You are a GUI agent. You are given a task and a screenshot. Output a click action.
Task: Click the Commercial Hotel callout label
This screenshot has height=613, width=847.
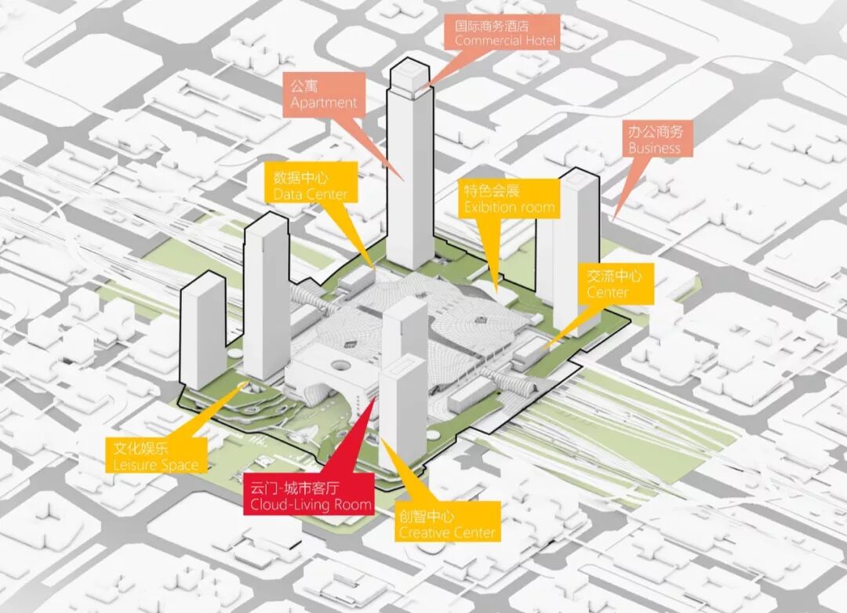pyautogui.click(x=506, y=32)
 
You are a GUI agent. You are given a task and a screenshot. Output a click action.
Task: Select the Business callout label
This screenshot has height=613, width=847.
pyautogui.click(x=654, y=140)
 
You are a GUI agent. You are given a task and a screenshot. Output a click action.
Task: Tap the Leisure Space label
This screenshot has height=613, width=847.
pyautogui.click(x=156, y=457)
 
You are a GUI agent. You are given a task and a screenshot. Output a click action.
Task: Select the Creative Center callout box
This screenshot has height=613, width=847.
pyautogui.click(x=447, y=524)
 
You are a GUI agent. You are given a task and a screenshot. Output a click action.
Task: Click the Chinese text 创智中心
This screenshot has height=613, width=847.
pyautogui.click(x=427, y=516)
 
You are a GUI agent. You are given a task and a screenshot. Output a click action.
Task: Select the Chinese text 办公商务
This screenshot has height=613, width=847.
pyautogui.click(x=655, y=131)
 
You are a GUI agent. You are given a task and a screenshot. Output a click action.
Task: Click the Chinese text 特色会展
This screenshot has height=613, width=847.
pyautogui.click(x=492, y=190)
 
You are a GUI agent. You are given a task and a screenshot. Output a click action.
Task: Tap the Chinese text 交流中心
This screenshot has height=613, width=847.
pyautogui.click(x=614, y=275)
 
